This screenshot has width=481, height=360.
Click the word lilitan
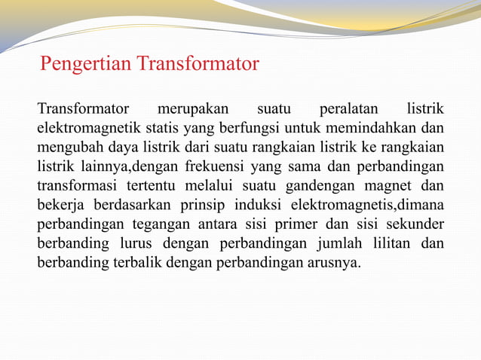pyautogui.click(x=393, y=244)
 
